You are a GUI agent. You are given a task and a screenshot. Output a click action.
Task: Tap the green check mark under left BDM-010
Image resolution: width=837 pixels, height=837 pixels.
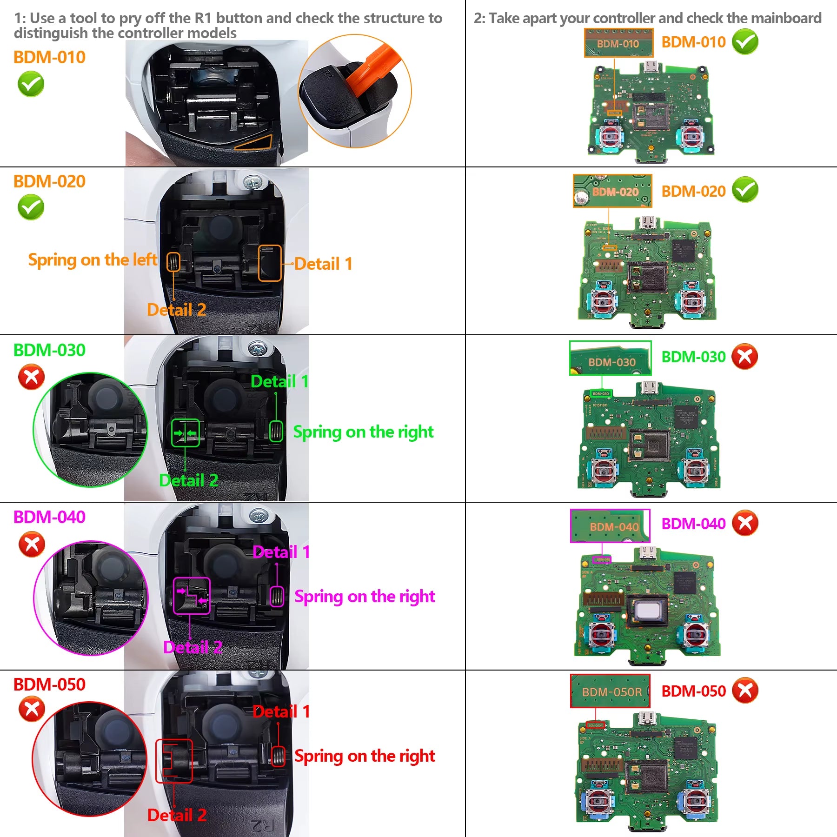31,84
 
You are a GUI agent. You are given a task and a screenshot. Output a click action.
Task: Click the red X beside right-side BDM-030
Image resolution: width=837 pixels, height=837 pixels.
744,357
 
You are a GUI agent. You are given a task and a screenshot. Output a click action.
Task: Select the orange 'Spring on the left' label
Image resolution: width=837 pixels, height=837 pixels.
93,260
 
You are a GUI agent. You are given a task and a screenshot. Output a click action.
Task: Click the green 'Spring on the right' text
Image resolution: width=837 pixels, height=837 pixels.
363,432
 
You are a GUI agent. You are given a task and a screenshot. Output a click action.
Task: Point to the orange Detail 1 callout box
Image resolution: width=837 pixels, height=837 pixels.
270,263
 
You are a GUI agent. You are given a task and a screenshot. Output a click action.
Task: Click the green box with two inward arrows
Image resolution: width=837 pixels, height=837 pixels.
185,433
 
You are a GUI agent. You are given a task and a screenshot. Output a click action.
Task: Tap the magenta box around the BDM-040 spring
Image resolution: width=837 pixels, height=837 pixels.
277,596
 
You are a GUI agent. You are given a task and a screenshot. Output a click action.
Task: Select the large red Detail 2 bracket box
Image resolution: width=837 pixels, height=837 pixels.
174,761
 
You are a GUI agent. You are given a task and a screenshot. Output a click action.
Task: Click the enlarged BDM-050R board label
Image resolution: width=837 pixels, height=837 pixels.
610,691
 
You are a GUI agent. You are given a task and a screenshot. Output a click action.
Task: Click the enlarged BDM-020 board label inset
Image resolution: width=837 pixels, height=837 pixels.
612,191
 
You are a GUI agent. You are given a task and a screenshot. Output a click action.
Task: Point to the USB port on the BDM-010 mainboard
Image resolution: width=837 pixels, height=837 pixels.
651,66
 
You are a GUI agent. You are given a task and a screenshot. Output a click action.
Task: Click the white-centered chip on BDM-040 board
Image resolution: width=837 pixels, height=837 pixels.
647,610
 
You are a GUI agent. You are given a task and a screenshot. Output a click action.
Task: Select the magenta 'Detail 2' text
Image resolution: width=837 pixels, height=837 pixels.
193,647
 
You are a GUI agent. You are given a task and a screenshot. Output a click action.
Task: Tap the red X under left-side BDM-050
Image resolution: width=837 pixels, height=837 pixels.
32,709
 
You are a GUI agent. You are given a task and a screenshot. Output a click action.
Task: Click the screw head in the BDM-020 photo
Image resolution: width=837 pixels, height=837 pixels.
252,182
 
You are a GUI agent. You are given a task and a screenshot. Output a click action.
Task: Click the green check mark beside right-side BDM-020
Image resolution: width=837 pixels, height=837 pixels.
744,190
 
